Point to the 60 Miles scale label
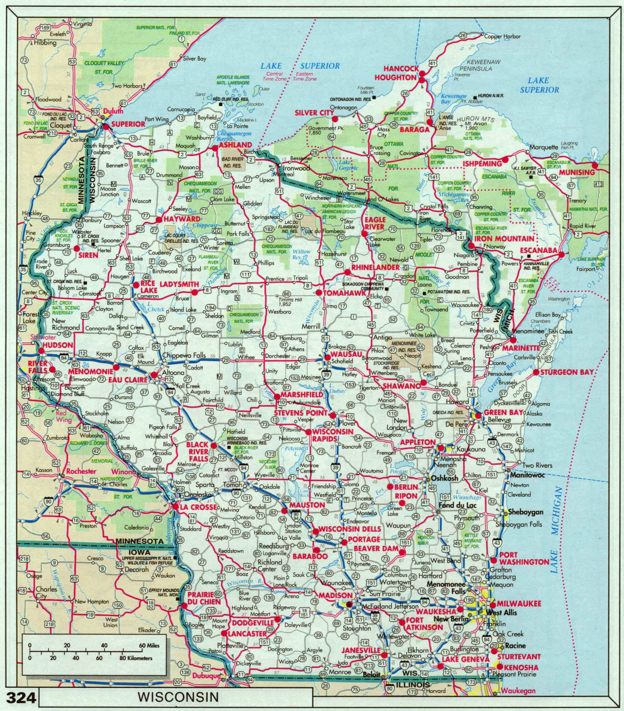[x=149, y=645]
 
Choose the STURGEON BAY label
[x=567, y=372]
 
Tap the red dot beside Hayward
[x=159, y=220]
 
